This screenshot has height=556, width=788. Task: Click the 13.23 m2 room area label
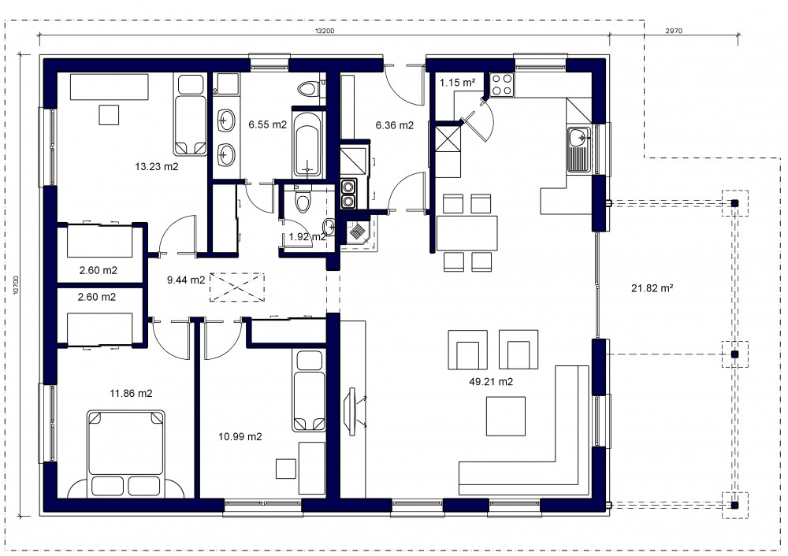click(x=156, y=166)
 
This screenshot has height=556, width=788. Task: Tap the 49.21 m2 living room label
click(x=491, y=382)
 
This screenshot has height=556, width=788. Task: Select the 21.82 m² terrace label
click(x=652, y=287)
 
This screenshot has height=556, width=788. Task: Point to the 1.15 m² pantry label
click(x=457, y=83)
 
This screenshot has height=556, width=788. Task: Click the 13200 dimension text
click(x=325, y=31)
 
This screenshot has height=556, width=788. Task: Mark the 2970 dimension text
click(x=674, y=31)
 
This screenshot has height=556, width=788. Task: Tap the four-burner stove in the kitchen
click(x=501, y=84)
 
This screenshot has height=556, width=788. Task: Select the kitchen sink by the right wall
click(x=580, y=150)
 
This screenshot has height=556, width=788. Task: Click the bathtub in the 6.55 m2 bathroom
click(x=307, y=144)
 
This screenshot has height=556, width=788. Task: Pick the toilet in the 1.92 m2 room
click(x=303, y=201)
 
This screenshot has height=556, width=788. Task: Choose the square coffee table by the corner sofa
click(x=506, y=416)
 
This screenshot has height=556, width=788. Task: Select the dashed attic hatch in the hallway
click(x=236, y=287)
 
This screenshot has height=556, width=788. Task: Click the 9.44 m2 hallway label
click(x=186, y=280)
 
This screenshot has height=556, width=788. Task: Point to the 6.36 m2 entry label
click(x=395, y=125)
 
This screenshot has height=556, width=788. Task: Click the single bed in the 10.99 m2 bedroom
click(x=309, y=391)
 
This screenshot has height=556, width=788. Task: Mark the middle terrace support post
click(x=734, y=354)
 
